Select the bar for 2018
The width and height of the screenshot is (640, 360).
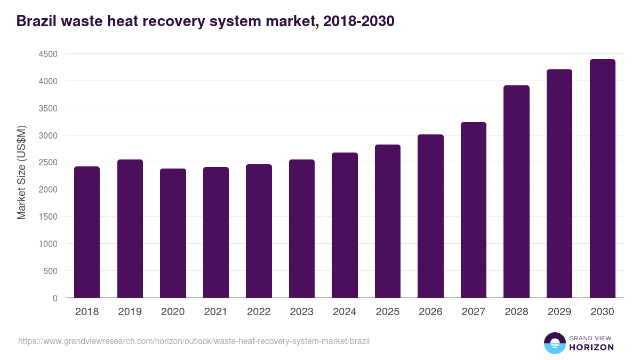click(87, 232)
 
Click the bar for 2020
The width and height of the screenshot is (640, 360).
click(173, 233)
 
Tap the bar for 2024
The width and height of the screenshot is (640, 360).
click(345, 225)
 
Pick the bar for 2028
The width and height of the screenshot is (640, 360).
click(516, 191)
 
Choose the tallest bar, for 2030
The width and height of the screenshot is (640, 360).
click(602, 179)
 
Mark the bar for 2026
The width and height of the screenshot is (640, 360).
click(430, 216)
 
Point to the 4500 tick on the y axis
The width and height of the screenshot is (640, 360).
click(48, 54)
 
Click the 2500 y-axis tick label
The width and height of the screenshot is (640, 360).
click(48, 163)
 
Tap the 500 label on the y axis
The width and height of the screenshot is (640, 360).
click(51, 271)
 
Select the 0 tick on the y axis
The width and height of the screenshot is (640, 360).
click(55, 298)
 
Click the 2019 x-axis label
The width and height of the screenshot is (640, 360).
click(130, 312)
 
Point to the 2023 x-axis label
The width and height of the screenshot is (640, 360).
click(301, 312)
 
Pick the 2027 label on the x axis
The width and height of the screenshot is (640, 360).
click(473, 312)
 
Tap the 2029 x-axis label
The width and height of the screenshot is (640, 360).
click(559, 312)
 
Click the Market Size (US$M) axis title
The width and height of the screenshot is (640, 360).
click(21, 172)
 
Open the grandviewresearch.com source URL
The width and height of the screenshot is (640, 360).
click(194, 341)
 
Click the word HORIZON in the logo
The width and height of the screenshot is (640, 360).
click(591, 347)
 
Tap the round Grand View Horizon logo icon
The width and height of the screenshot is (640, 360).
click(555, 343)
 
